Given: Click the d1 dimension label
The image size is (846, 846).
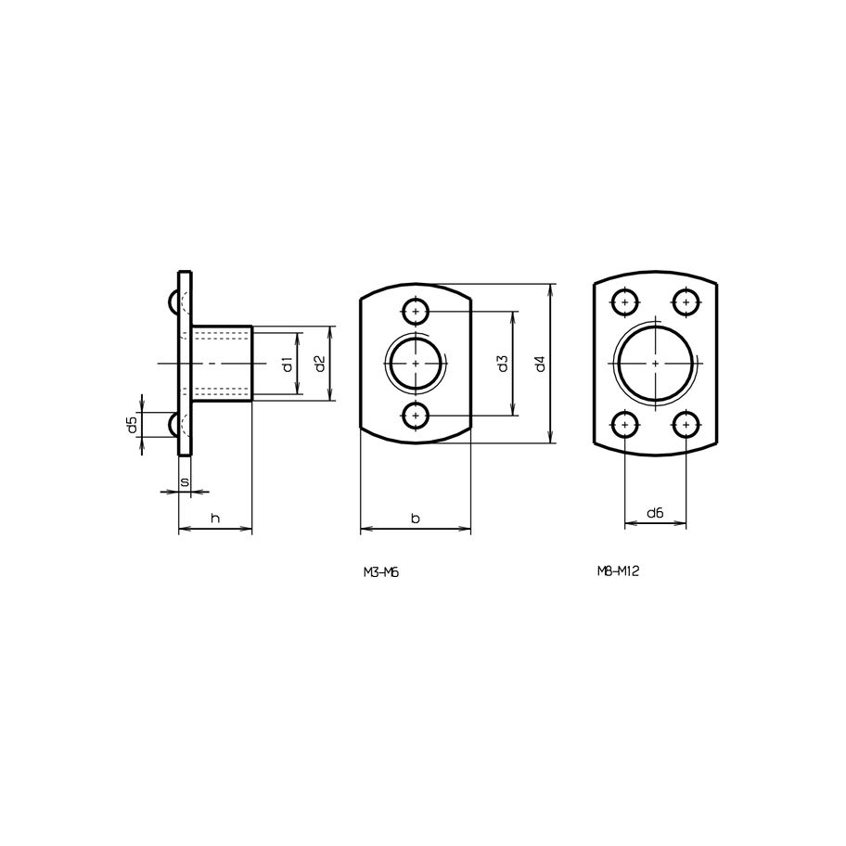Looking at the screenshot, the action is [x=288, y=365].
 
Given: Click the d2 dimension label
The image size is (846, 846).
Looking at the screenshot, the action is [x=320, y=365].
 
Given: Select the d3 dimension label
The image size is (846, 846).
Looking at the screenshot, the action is [x=503, y=364].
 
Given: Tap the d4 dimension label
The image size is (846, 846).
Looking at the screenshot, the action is [x=541, y=365].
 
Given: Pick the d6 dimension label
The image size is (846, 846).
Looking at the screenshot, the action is [x=655, y=513].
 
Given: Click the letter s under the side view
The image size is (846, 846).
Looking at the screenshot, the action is [x=185, y=481].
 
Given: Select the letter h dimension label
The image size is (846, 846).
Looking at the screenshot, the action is [x=215, y=519].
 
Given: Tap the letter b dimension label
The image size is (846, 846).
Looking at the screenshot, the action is [x=415, y=519].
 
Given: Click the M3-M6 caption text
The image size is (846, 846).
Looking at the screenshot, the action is [x=380, y=573].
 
